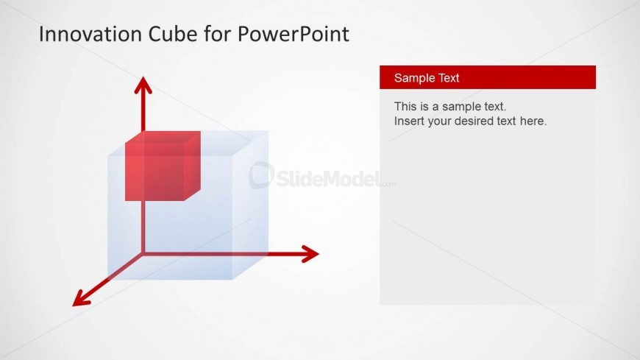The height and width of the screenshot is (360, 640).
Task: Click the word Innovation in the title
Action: tap(90, 34)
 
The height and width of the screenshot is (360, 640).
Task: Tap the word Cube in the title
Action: tap(173, 34)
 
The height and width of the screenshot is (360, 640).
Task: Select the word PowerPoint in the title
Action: tap(293, 34)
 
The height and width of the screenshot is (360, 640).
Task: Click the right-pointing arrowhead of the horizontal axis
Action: tap(310, 254)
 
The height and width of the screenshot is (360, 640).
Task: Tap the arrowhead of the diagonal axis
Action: tap(81, 299)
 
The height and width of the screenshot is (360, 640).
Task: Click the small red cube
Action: tap(163, 166)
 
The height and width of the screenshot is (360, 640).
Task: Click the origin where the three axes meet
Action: tap(143, 254)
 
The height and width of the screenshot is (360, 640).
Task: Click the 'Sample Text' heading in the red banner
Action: tap(427, 77)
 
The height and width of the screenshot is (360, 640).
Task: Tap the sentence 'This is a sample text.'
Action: tap(449, 107)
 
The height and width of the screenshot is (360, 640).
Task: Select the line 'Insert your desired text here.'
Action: tap(470, 121)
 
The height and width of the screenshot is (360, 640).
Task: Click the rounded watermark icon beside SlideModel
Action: tap(261, 175)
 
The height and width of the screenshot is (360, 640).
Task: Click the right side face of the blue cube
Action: tap(250, 205)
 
